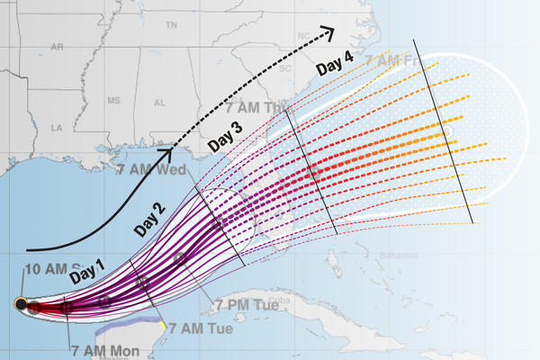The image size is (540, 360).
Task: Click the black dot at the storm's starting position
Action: coord(21,304)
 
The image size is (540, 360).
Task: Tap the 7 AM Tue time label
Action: coord(201,328)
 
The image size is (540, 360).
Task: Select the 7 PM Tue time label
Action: coord(241,305)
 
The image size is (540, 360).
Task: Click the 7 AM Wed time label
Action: coord(151,169)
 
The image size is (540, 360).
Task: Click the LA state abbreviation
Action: coord(57,130)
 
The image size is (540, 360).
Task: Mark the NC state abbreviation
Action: coord(304,36)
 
